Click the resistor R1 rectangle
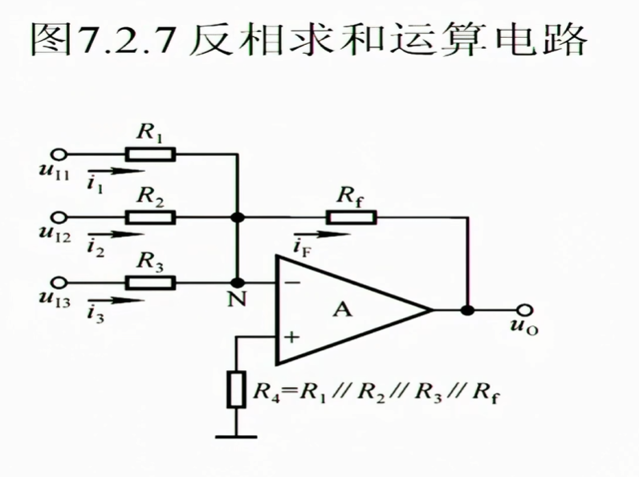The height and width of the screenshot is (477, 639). (x=150, y=153)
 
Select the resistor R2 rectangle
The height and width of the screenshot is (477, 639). (x=150, y=217)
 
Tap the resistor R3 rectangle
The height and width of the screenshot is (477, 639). (x=150, y=283)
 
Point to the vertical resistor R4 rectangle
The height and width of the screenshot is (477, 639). (x=237, y=389)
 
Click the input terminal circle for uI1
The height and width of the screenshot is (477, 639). (x=58, y=153)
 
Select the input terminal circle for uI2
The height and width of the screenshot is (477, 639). (x=58, y=217)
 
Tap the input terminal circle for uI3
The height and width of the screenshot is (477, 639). (x=58, y=283)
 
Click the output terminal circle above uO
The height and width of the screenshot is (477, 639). (x=525, y=310)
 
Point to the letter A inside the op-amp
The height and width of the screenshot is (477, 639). (x=343, y=310)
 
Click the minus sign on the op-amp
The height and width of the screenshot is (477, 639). (x=291, y=283)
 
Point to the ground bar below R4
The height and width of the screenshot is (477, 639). (x=237, y=436)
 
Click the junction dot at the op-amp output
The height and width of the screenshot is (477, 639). (x=467, y=310)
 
